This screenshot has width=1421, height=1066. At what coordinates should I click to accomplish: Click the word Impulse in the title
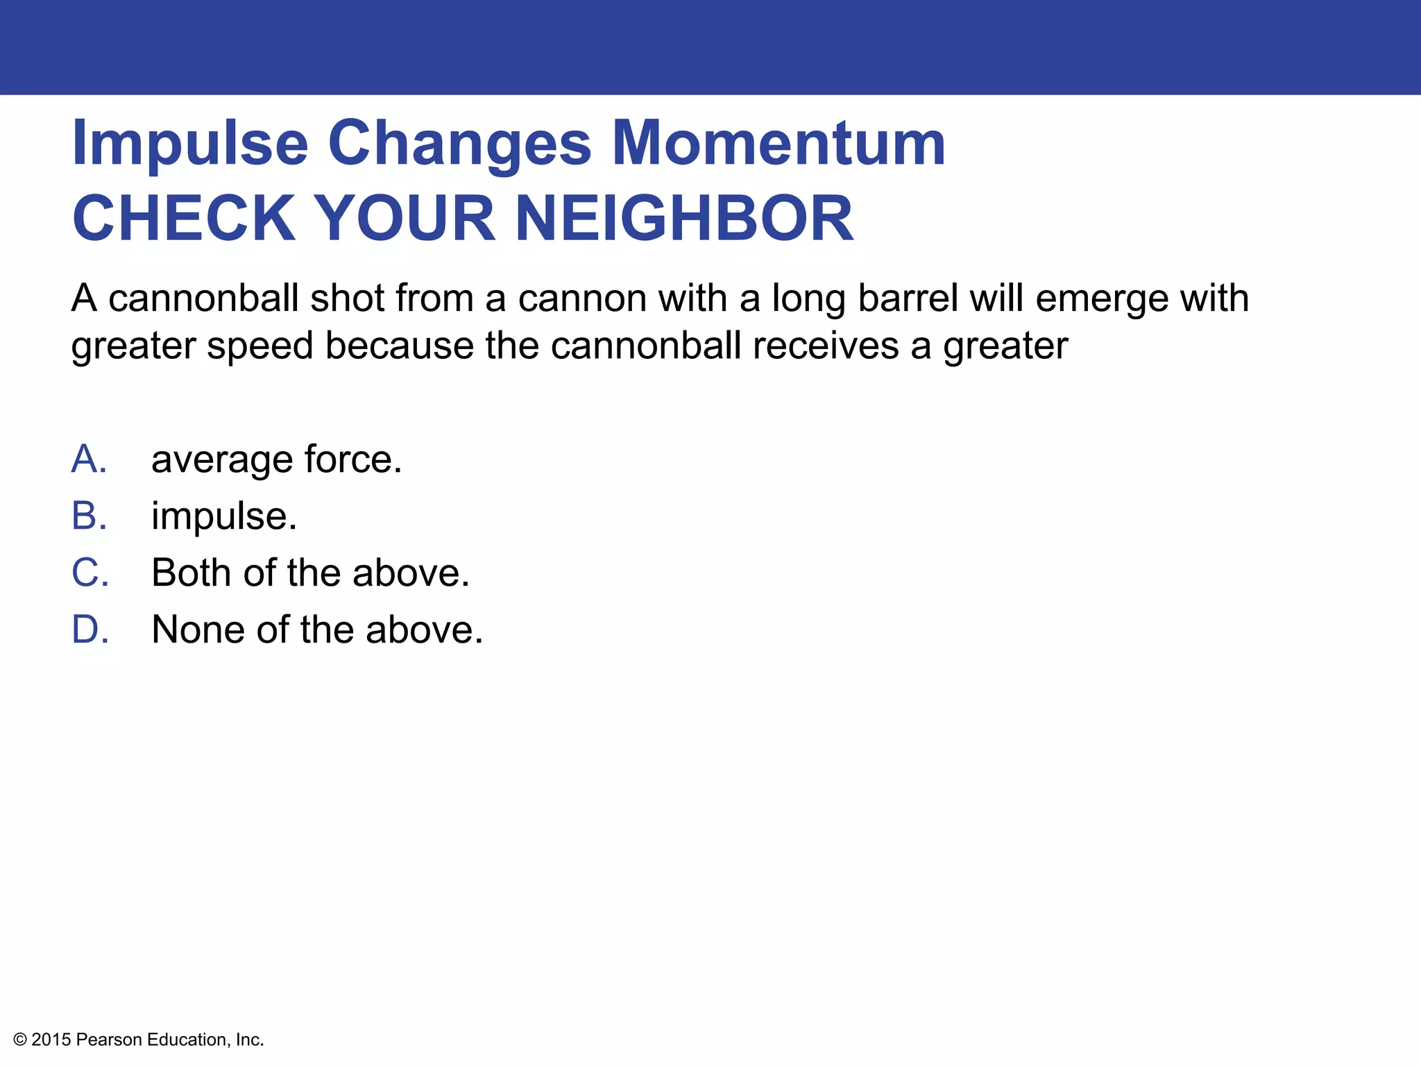point(189,144)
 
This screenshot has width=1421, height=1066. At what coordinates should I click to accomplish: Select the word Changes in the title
point(459,144)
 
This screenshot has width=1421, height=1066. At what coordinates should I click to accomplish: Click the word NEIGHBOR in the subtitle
point(683,219)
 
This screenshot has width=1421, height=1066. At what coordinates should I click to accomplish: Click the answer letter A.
point(89,459)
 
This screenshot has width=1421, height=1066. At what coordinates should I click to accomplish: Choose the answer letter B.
point(89,516)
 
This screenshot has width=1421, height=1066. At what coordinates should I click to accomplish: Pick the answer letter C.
point(90,573)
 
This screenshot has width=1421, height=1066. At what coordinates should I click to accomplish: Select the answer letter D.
point(90,630)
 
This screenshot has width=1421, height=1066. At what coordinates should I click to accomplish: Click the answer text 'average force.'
point(276,459)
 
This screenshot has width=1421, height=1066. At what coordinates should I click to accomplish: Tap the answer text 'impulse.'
point(224,517)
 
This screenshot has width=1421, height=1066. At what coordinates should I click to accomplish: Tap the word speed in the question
point(260,347)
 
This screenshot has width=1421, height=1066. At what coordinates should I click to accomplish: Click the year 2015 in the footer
point(51,1040)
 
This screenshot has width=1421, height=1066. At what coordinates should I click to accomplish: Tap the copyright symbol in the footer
point(20,1040)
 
